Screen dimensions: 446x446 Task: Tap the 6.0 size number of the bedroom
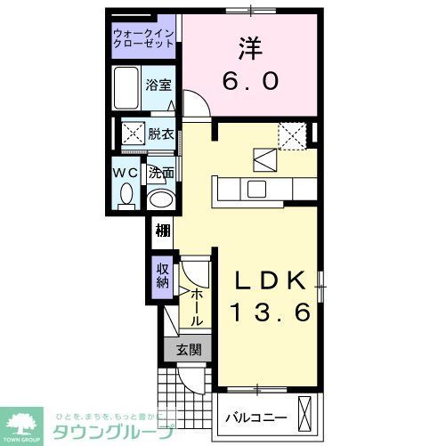point(250,81)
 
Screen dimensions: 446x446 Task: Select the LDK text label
point(272,280)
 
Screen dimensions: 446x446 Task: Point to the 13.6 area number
point(272,312)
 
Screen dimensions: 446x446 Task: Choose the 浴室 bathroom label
point(159,85)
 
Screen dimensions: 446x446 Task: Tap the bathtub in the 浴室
point(128,88)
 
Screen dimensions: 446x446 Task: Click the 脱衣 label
point(161,135)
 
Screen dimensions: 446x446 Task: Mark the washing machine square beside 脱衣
point(133,135)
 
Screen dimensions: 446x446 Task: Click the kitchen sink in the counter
point(257,189)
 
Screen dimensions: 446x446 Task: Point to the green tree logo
point(24,423)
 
